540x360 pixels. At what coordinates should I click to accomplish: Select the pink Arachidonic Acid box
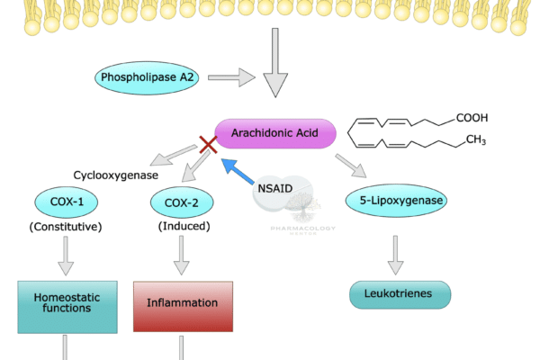pos(275,133)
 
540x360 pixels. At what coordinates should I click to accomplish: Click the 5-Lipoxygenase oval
pos(396,200)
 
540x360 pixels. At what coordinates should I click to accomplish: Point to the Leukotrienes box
pos(399,293)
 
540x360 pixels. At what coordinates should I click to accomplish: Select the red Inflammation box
pos(182,303)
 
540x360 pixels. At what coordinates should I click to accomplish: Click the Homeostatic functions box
pos(62,303)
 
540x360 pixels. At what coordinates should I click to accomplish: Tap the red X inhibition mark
pos(209,145)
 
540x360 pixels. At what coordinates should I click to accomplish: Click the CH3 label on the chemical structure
pos(475,140)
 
